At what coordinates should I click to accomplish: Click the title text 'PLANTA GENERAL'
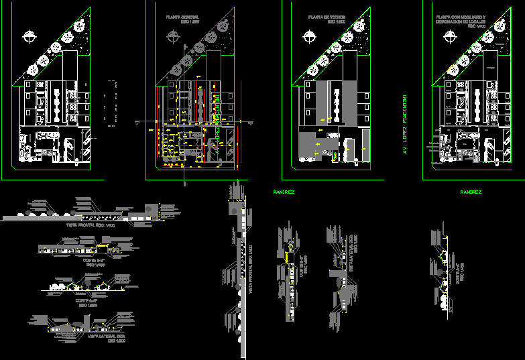(x=183, y=17)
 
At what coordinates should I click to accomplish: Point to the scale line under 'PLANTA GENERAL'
(x=183, y=22)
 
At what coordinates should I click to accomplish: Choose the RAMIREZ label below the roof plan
(x=284, y=192)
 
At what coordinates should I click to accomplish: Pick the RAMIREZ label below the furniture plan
(x=471, y=192)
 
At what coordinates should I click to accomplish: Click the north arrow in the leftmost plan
(x=30, y=38)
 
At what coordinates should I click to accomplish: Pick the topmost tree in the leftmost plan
(x=80, y=25)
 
